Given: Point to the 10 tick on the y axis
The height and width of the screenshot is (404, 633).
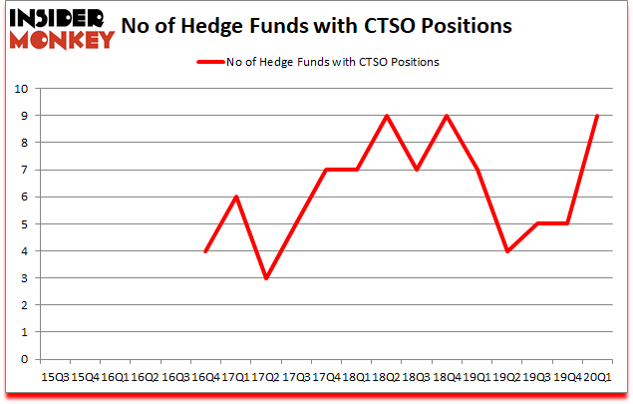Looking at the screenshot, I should click(19, 89).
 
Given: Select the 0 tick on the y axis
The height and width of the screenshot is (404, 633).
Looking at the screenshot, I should click(23, 360).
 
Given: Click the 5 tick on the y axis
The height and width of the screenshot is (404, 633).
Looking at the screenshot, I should click(23, 224).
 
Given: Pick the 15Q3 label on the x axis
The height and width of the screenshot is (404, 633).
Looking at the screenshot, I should click(55, 377).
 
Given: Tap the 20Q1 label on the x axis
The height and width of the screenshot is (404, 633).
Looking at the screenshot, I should click(596, 377).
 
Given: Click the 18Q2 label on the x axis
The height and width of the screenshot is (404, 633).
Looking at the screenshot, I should click(386, 377).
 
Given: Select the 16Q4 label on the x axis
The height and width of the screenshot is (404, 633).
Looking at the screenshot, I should click(205, 377).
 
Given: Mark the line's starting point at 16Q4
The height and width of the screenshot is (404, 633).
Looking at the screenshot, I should click(205, 251).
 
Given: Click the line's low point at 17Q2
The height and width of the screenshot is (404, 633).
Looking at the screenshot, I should click(265, 278).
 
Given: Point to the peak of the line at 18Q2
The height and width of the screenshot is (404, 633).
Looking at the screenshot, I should click(386, 116).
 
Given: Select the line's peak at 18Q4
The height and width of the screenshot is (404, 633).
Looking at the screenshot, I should click(446, 116).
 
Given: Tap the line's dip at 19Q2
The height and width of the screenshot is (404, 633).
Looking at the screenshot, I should click(506, 251).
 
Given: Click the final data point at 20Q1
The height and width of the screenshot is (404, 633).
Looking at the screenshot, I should click(596, 116).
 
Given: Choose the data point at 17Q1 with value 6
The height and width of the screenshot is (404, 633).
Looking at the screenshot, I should click(235, 197).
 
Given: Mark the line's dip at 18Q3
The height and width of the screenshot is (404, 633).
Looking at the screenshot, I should click(416, 170).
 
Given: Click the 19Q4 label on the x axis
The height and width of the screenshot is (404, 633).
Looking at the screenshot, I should click(566, 377).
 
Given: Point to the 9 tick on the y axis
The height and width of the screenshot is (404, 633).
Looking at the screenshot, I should click(23, 116).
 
